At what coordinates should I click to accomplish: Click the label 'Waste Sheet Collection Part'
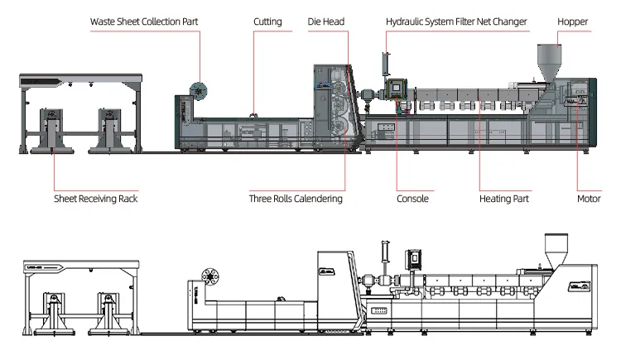(144, 22)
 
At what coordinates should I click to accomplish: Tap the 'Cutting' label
(267, 22)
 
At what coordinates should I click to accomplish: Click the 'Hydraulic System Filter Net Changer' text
(456, 22)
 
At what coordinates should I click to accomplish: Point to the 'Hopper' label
(572, 22)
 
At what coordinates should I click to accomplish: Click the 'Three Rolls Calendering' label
(296, 199)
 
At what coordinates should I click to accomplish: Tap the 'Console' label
(412, 199)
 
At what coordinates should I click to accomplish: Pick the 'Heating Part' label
(504, 199)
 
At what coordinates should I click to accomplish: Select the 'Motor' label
(588, 199)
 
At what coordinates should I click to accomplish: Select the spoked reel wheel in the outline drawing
(208, 277)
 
